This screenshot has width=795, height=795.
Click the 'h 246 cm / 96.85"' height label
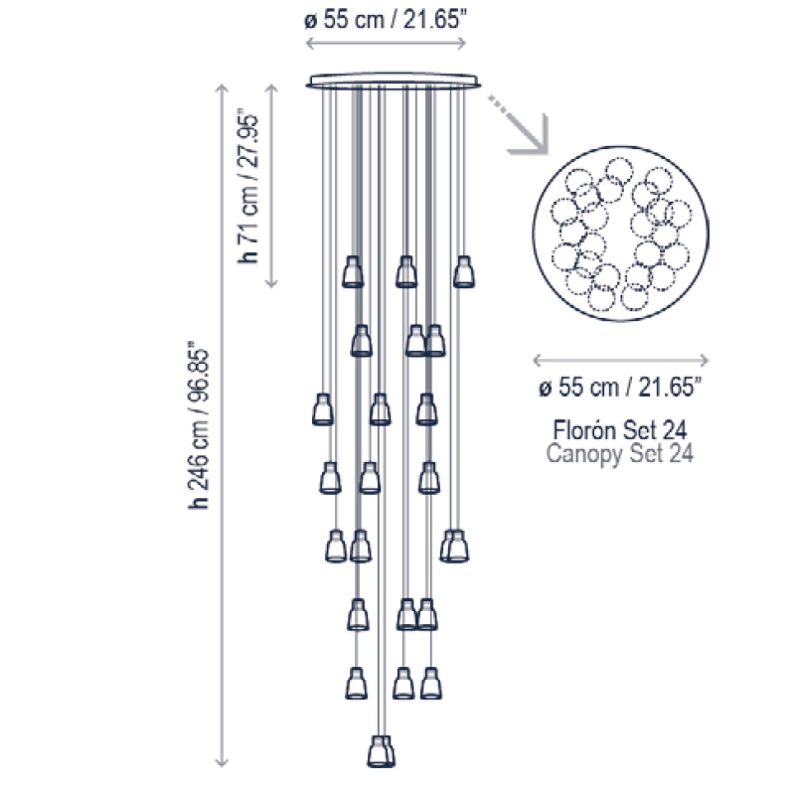click(198, 429)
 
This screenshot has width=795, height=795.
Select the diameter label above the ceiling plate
click(386, 21)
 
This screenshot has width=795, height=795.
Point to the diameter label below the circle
click(620, 388)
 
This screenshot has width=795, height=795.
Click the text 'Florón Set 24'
click(619, 430)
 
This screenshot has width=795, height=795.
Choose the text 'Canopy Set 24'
click(619, 453)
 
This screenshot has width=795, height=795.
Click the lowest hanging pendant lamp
click(381, 751)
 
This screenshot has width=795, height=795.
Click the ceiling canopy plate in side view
click(393, 81)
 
